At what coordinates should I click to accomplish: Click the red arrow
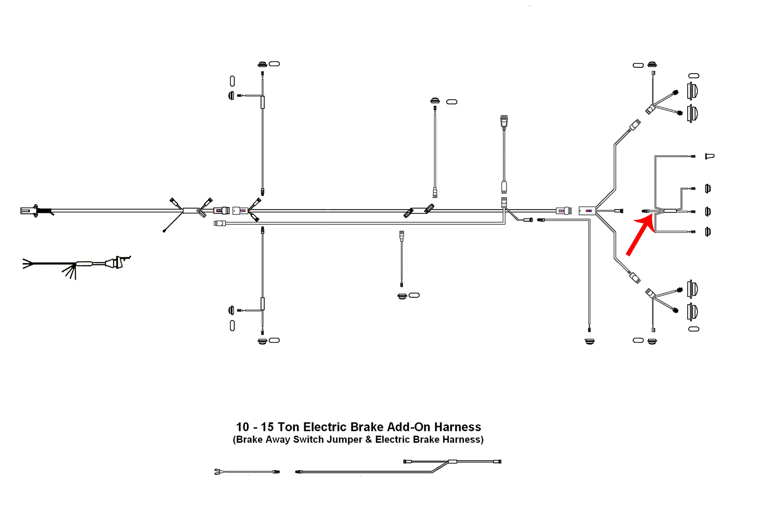(x=640, y=236)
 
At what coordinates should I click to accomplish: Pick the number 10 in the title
(x=242, y=427)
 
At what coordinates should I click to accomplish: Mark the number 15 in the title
(x=267, y=427)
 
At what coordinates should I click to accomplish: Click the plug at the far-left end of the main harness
(x=29, y=211)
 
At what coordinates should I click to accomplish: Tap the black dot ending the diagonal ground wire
(x=164, y=231)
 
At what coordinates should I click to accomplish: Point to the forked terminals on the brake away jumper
(x=217, y=472)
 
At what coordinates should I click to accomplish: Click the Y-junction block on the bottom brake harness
(x=452, y=462)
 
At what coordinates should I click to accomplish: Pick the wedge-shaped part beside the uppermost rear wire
(x=710, y=156)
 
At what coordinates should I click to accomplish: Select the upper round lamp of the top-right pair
(x=693, y=90)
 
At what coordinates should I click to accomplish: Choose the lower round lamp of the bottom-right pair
(x=693, y=312)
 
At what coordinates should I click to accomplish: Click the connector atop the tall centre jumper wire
(x=504, y=121)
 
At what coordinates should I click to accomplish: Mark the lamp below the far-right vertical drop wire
(x=590, y=341)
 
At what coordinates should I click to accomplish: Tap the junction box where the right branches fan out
(x=587, y=211)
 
